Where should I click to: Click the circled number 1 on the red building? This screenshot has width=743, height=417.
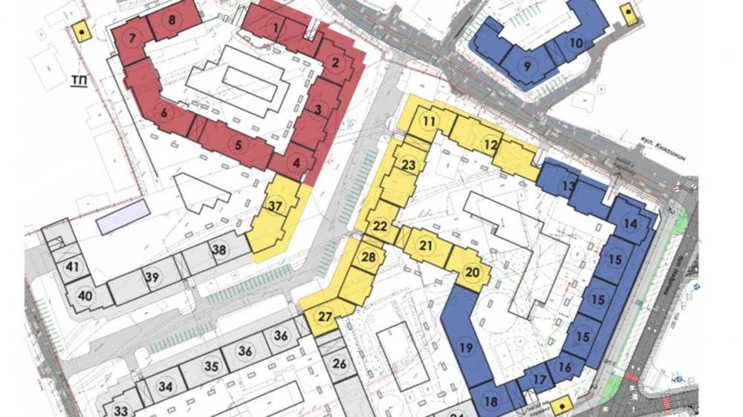[276, 28]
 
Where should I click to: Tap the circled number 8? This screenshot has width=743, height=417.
[172, 20]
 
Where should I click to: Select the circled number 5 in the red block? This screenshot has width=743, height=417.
[238, 145]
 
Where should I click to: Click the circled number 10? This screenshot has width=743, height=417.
[577, 43]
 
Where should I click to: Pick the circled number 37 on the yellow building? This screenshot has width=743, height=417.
[276, 206]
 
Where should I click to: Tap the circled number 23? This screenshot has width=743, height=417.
[408, 164]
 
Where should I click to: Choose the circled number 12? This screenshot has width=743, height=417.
[490, 144]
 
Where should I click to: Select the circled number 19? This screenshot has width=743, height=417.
[466, 347]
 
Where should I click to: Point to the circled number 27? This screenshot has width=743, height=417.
[325, 317]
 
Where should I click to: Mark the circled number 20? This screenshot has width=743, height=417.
[473, 272]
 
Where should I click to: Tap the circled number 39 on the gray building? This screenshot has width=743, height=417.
[152, 277]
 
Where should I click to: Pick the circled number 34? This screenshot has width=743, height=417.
[165, 387]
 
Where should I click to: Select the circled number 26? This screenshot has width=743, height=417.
[339, 364]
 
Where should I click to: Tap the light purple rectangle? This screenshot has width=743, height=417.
[123, 217]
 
